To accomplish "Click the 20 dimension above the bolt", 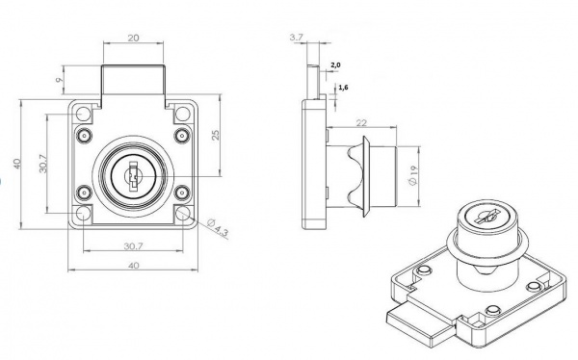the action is click(134, 38).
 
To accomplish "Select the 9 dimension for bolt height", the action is click(59, 80).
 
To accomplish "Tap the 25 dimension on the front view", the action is click(216, 135).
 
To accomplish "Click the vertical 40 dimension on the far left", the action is click(16, 164).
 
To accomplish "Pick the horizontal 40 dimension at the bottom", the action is click(133, 266).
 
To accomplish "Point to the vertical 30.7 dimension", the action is click(43, 164).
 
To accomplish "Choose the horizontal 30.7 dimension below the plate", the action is click(133, 246).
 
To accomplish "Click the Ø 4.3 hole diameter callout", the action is click(218, 227).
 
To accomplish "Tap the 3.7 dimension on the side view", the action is click(296, 37).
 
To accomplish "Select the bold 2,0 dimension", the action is click(335, 65).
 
